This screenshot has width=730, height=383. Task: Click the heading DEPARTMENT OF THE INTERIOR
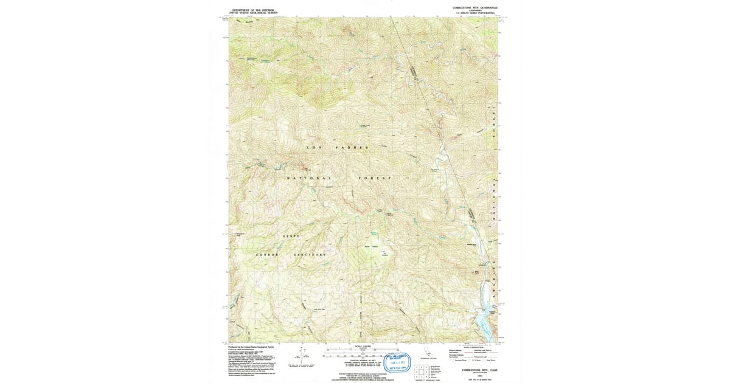click(x=254, y=10)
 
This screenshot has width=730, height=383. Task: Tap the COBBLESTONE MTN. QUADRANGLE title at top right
click(x=479, y=7)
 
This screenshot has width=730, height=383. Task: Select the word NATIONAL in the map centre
click(x=309, y=178)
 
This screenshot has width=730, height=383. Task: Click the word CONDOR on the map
click(x=267, y=254)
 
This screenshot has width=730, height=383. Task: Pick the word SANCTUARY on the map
click(x=310, y=254)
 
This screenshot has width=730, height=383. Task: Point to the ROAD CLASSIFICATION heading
click(x=473, y=347)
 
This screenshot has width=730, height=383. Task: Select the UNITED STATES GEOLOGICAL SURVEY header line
click(x=254, y=13)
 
